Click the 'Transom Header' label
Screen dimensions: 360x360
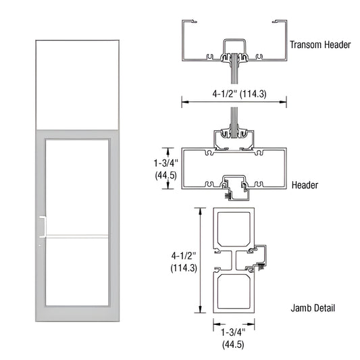click(x=320, y=45)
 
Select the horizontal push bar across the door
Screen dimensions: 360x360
click(x=76, y=236)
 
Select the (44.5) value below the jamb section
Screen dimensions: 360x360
click(x=233, y=344)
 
